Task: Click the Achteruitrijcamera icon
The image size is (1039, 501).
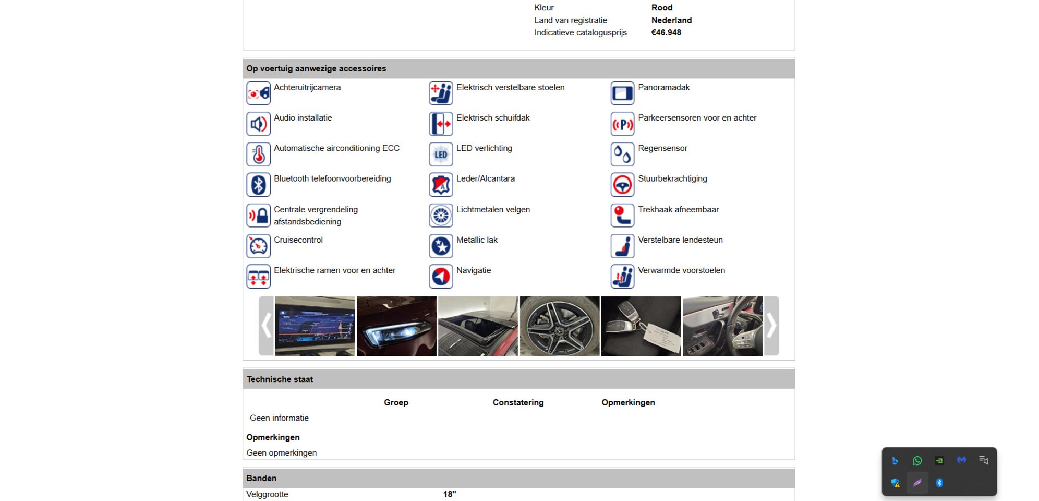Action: (258, 93)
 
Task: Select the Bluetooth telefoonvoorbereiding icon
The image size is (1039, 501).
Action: (258, 185)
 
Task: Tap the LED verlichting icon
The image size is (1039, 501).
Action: (441, 154)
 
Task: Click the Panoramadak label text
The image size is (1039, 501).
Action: (663, 87)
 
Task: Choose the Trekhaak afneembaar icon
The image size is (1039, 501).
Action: (622, 216)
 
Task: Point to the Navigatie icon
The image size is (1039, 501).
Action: (441, 277)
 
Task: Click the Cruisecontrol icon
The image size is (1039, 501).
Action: (258, 246)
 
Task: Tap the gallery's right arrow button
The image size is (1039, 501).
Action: (771, 326)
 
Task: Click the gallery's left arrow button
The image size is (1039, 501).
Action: (267, 326)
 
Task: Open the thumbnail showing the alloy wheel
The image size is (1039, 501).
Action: (560, 326)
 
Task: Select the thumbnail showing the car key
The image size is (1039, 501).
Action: (641, 326)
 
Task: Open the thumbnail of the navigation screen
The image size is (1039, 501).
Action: (315, 326)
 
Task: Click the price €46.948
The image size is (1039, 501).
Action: (666, 32)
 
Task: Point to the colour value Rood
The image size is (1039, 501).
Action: (662, 8)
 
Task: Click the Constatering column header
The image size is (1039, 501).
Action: (518, 402)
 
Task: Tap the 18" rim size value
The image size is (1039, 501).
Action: (450, 494)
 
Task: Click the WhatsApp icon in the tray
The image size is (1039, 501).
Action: (917, 460)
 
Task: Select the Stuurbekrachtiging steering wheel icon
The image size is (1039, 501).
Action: (622, 185)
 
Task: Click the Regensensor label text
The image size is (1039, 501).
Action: (662, 148)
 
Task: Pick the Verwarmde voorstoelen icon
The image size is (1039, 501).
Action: (622, 277)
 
